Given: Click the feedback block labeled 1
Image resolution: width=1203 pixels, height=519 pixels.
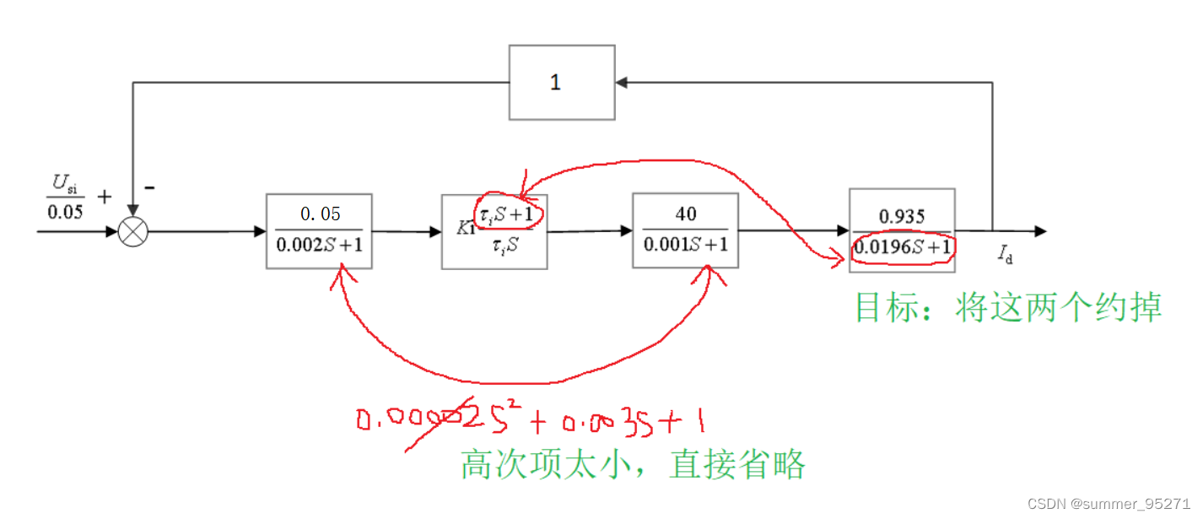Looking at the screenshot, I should (x=561, y=83).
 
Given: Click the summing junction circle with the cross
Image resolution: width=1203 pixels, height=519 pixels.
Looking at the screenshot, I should (x=132, y=231).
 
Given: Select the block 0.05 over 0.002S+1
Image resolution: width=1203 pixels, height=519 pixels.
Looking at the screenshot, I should (x=319, y=231).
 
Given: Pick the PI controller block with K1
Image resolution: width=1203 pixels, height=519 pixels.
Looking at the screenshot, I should (x=494, y=231).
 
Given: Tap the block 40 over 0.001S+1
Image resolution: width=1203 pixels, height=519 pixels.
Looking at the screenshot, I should (x=685, y=230).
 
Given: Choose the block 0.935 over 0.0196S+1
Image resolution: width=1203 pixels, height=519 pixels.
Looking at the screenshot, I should (x=902, y=230).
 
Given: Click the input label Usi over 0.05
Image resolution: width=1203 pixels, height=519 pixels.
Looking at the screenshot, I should (x=65, y=199).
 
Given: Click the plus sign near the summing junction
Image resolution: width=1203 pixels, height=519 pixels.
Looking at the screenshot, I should (x=104, y=197).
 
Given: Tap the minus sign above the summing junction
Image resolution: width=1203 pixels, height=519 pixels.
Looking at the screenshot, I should (x=148, y=187).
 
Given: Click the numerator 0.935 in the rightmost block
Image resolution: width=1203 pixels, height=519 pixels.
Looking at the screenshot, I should (x=902, y=216).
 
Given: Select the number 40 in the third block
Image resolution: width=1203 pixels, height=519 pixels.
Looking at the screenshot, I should (x=686, y=214).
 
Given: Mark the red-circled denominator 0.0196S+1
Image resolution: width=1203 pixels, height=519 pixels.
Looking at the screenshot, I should (x=903, y=248).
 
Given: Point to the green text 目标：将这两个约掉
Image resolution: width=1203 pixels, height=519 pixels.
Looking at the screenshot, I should (x=1008, y=307).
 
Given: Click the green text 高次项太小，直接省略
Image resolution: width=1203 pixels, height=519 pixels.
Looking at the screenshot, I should (x=633, y=464).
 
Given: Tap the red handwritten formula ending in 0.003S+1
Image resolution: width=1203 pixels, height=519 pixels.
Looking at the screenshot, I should (x=531, y=419).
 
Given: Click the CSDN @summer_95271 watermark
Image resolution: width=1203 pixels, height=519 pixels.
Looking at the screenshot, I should (x=1109, y=503).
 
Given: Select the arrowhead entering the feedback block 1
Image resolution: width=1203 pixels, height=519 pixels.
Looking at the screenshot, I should (x=621, y=83).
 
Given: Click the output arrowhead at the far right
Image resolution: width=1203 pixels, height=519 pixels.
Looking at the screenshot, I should (x=1040, y=231).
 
